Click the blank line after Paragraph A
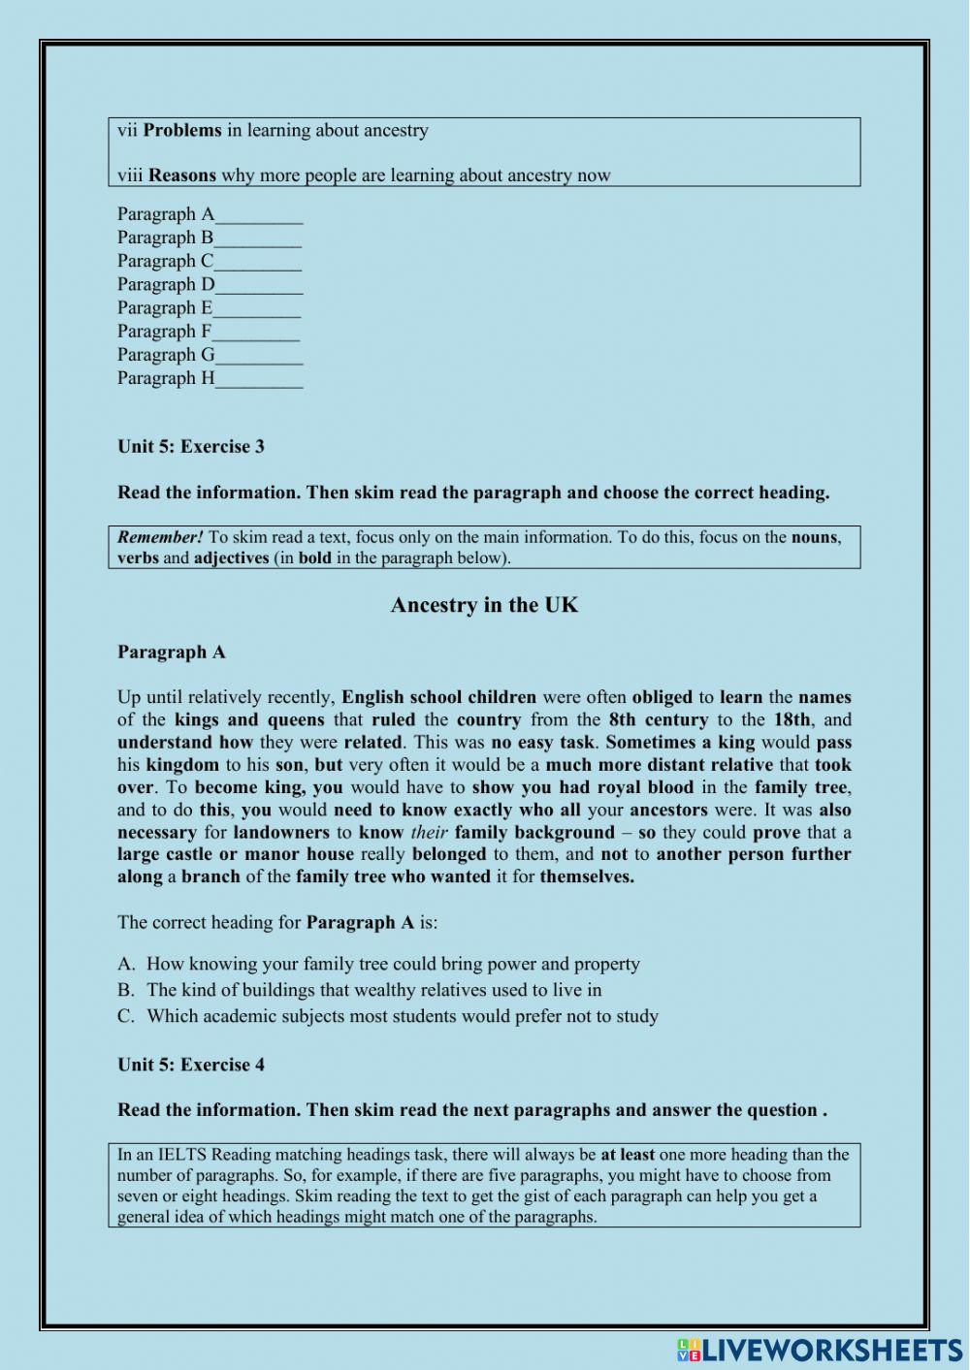tap(259, 217)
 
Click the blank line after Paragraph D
tap(259, 287)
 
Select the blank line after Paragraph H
tap(259, 381)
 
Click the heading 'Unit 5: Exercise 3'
tap(191, 447)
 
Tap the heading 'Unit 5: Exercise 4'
tap(191, 1065)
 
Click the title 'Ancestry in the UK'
tap(484, 605)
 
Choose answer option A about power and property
tap(393, 964)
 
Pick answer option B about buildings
tap(373, 990)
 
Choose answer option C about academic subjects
tap(402, 1016)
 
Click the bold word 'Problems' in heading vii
tap(182, 130)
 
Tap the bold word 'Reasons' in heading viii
tap(182, 175)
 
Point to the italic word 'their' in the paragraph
tap(429, 832)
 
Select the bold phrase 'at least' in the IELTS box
tap(628, 1155)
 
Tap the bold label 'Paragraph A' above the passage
tap(172, 652)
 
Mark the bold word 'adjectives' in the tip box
tap(231, 558)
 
